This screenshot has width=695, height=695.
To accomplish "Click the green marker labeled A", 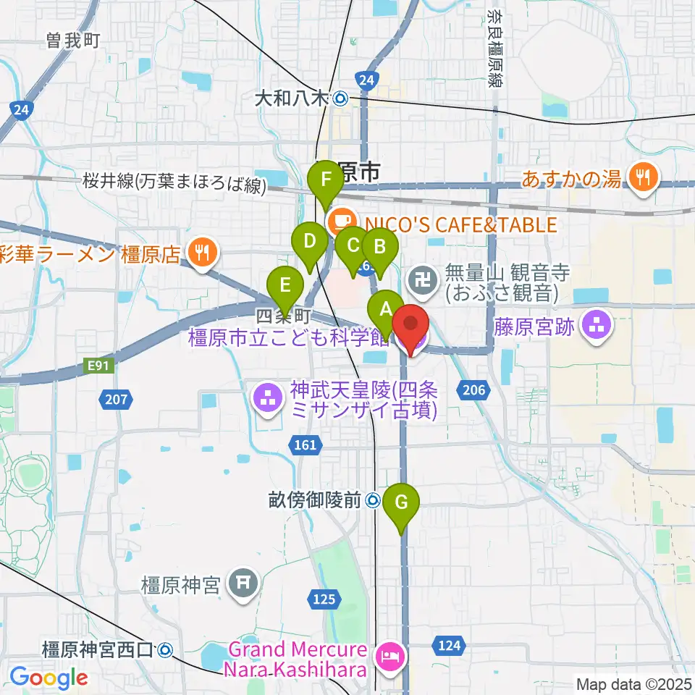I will tap(385, 311).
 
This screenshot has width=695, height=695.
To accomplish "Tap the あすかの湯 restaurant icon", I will tap(641, 177).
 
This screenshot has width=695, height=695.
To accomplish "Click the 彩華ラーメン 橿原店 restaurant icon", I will tap(198, 251).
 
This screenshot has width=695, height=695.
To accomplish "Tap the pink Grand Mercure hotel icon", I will tap(389, 657).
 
